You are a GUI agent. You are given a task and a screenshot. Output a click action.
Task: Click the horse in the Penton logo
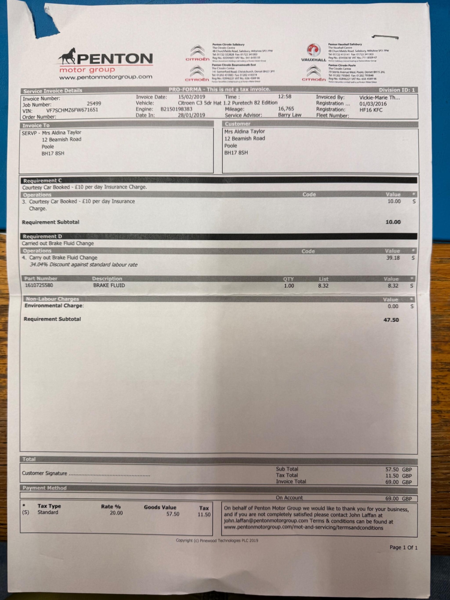pyautogui.click(x=67, y=56)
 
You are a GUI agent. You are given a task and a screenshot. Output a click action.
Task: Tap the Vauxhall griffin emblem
pyautogui.click(x=313, y=50)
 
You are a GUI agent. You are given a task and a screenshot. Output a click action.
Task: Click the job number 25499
pyautogui.click(x=94, y=103)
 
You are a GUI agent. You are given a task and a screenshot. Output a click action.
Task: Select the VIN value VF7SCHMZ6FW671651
pyautogui.click(x=72, y=110)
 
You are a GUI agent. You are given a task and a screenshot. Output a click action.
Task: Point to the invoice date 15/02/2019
pyautogui.click(x=192, y=97)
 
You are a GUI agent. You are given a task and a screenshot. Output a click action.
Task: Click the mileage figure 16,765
pyautogui.click(x=286, y=109)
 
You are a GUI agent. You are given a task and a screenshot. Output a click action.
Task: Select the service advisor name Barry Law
pyautogui.click(x=289, y=115)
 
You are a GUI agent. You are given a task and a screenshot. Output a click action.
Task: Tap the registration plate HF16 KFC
pyautogui.click(x=371, y=110)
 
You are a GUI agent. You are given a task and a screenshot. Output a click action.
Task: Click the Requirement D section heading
pyautogui.click(x=43, y=236)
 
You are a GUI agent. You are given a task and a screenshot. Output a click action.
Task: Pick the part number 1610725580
pyautogui.click(x=39, y=285)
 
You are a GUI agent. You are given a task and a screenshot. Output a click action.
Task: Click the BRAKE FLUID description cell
pyautogui.click(x=109, y=285)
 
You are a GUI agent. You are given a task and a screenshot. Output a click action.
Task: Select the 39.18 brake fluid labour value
pyautogui.click(x=393, y=258)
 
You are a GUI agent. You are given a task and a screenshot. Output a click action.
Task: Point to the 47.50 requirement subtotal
pyautogui.click(x=391, y=320)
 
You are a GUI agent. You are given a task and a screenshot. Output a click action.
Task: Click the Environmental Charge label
pyautogui.click(x=54, y=306)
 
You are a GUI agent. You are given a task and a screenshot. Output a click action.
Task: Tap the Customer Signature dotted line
pyautogui.click(x=109, y=474)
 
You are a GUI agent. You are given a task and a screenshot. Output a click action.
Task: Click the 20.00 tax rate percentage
pyautogui.click(x=116, y=513)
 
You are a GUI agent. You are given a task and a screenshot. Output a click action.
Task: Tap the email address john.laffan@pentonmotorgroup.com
pyautogui.click(x=266, y=521)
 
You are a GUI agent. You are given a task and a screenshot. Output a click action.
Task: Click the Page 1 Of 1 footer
pyautogui.click(x=403, y=547)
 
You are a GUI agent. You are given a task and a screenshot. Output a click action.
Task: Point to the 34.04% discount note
pyautogui.click(x=83, y=265)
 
